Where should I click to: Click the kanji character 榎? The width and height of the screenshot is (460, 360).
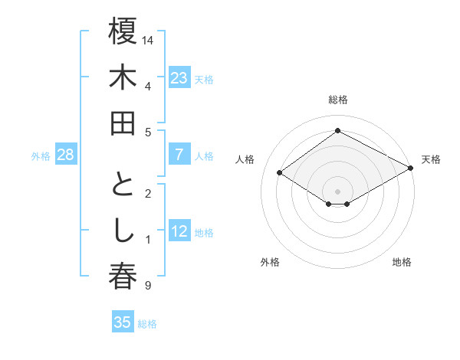[123, 33]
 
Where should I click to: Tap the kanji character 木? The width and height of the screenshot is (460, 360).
[123, 79]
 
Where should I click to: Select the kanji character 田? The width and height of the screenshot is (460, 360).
[123, 123]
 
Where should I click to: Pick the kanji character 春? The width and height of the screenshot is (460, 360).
[123, 278]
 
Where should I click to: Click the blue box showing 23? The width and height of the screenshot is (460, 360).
[179, 78]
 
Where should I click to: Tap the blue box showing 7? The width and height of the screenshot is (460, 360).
[179, 155]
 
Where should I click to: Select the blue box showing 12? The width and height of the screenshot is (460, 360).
[179, 232]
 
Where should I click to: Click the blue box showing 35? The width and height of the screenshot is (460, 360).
[123, 322]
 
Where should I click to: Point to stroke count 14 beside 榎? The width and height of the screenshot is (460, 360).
[149, 38]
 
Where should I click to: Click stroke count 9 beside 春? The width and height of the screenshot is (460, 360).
[147, 286]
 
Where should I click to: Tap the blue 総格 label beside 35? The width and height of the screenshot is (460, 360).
[147, 324]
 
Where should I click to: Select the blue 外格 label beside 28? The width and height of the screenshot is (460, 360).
[41, 156]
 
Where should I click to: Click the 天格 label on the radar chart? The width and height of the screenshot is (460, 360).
[431, 159]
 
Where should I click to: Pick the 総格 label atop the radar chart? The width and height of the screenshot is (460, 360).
[338, 100]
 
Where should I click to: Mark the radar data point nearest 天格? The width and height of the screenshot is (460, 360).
[411, 168]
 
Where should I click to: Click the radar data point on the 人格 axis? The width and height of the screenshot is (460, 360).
[279, 173]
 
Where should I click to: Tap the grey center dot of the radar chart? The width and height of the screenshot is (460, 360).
[337, 191]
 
